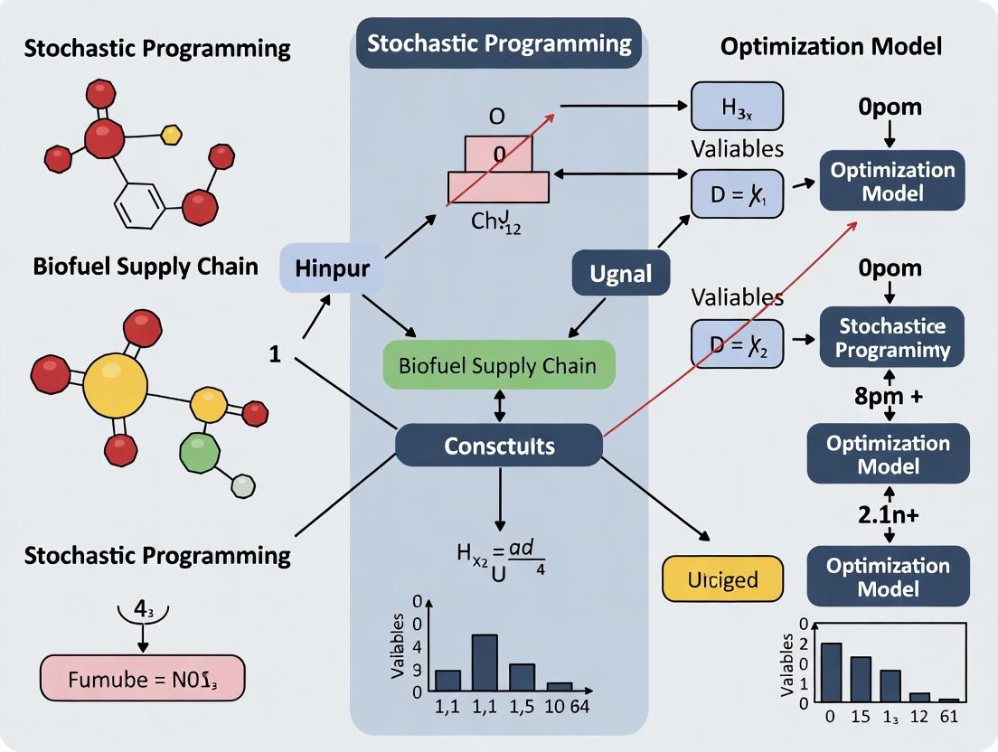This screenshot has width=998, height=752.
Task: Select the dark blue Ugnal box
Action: (x=620, y=271)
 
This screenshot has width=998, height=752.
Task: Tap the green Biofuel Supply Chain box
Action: (x=499, y=365)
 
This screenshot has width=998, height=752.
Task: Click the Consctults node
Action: (x=499, y=446)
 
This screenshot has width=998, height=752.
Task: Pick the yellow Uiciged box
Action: (x=722, y=578)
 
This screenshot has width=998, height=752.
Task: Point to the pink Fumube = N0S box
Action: (x=142, y=676)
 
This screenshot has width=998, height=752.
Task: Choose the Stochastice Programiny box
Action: (x=891, y=337)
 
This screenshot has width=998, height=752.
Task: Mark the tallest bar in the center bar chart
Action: (x=485, y=663)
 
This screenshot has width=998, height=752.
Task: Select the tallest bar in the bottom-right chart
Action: (x=832, y=672)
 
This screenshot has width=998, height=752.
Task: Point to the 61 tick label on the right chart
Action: (x=949, y=718)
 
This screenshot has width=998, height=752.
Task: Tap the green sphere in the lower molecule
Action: (x=201, y=450)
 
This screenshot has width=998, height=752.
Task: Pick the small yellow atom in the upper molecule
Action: (x=171, y=135)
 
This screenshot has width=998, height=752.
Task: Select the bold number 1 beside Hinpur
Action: (x=275, y=353)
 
